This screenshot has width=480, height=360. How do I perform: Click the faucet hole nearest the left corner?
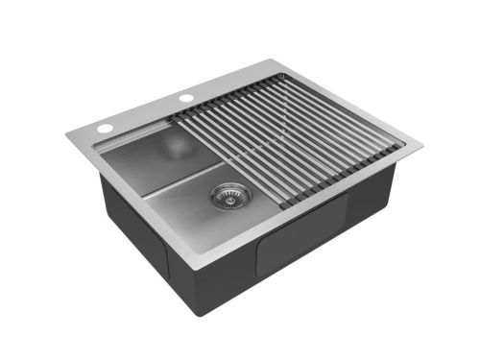click(x=101, y=127)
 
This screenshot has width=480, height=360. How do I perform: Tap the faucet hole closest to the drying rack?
click(x=184, y=98)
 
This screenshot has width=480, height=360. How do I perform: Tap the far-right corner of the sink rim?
click(x=420, y=147)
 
